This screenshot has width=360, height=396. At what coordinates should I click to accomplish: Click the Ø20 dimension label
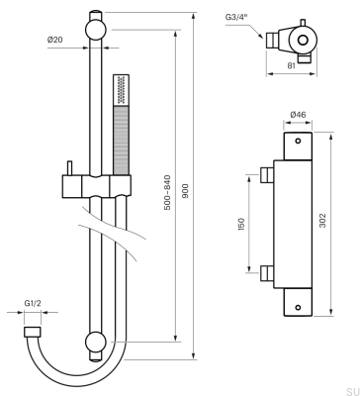coord(54,40)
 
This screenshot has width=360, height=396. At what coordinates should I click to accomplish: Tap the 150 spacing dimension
coord(241,225)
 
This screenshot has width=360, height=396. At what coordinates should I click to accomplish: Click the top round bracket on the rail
coord(97,29)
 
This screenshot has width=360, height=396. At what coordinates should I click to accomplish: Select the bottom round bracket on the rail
coord(97,344)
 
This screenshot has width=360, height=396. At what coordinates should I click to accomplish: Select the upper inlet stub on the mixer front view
coord(266,176)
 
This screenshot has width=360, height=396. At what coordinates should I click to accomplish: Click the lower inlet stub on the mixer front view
coord(266,272)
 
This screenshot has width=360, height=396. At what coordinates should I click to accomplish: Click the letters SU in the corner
coord(352,391)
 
